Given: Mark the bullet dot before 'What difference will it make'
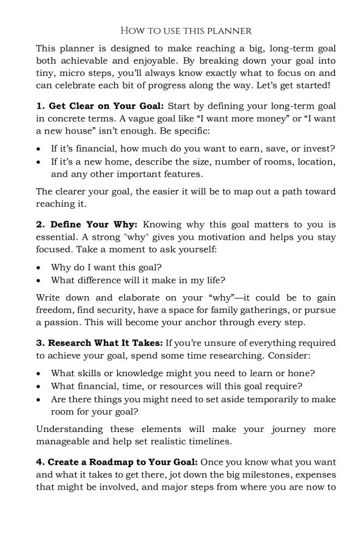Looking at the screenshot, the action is point(39,280).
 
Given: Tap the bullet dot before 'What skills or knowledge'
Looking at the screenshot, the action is point(39,373).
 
